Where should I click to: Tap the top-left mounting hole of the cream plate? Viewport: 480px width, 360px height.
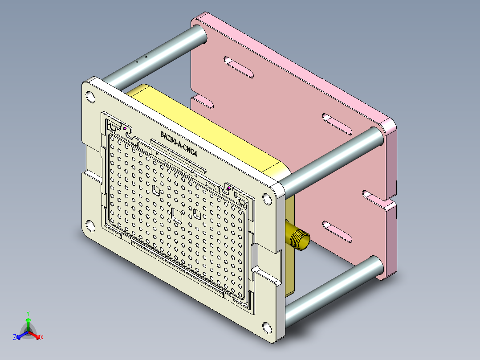pos(90,96)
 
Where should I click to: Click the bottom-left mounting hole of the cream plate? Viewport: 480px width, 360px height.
pos(90,226)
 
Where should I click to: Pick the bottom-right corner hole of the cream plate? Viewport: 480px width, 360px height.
pos(266,328)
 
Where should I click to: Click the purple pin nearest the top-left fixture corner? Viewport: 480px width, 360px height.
pos(126,129)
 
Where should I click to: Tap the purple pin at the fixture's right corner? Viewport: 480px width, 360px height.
pos(229,189)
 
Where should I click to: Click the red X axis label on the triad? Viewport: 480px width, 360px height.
pos(41,337)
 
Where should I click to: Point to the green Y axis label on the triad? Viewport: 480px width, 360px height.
pos(28,313)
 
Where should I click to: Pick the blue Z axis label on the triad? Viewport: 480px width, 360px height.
pos(15,337)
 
